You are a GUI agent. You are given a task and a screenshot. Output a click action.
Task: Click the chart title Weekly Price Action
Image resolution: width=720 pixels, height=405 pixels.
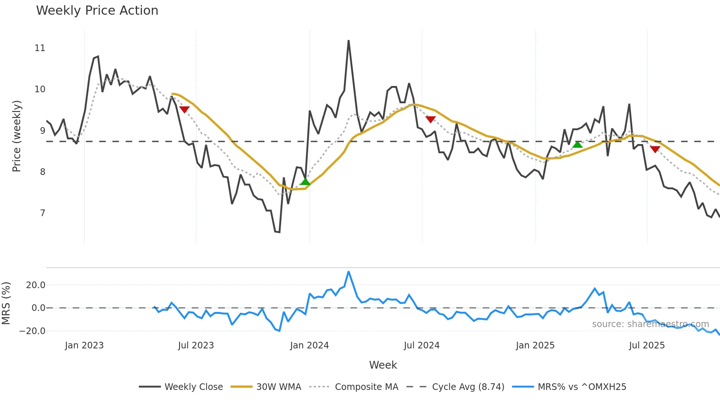click(97, 10)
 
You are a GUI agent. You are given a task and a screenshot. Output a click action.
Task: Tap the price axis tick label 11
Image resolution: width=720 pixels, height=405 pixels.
click(40, 48)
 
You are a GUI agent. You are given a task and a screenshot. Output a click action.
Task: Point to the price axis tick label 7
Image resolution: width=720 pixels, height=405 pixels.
click(43, 213)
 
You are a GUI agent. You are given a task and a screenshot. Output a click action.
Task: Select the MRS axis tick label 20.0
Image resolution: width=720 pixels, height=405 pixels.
click(36, 285)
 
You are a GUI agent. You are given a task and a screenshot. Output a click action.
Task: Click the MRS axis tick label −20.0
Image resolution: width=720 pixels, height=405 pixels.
click(32, 331)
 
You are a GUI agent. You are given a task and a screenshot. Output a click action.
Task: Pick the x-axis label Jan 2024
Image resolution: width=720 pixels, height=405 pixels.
click(309, 345)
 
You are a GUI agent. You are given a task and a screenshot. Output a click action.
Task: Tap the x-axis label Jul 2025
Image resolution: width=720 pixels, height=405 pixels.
click(647, 345)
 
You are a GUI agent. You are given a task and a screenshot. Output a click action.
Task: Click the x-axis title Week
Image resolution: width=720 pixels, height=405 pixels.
click(383, 365)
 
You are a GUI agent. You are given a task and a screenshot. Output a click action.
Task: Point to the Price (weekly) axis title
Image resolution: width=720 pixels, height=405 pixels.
click(17, 136)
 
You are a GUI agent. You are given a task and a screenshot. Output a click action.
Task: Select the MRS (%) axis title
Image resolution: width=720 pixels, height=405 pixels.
click(6, 303)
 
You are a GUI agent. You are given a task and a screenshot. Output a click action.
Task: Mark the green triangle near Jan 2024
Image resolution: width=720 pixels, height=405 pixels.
click(305, 182)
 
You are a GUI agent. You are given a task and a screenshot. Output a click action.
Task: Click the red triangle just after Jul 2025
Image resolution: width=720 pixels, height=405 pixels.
click(655, 149)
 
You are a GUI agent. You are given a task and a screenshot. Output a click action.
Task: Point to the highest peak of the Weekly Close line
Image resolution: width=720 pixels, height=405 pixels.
click(348, 41)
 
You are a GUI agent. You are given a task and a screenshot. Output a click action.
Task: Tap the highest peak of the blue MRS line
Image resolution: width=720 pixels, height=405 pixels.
click(348, 272)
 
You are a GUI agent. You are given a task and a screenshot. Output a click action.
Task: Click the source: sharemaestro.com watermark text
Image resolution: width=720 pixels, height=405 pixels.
click(650, 324)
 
